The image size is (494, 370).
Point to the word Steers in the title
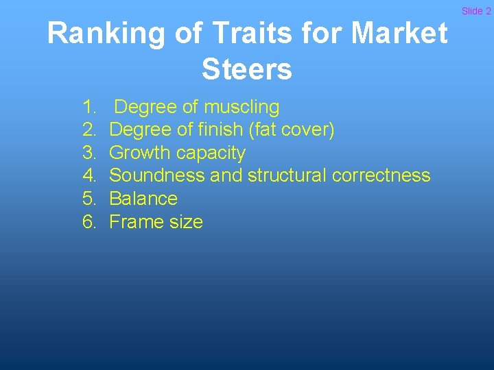(x=247, y=69)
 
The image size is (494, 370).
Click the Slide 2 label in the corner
(x=476, y=11)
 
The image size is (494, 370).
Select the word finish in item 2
(x=231, y=129)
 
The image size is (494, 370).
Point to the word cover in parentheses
(x=308, y=129)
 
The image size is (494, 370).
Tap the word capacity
(x=213, y=153)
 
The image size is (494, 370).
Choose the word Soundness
(x=156, y=175)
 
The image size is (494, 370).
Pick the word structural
(x=287, y=175)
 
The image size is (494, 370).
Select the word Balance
(x=143, y=199)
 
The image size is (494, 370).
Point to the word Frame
(x=135, y=222)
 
